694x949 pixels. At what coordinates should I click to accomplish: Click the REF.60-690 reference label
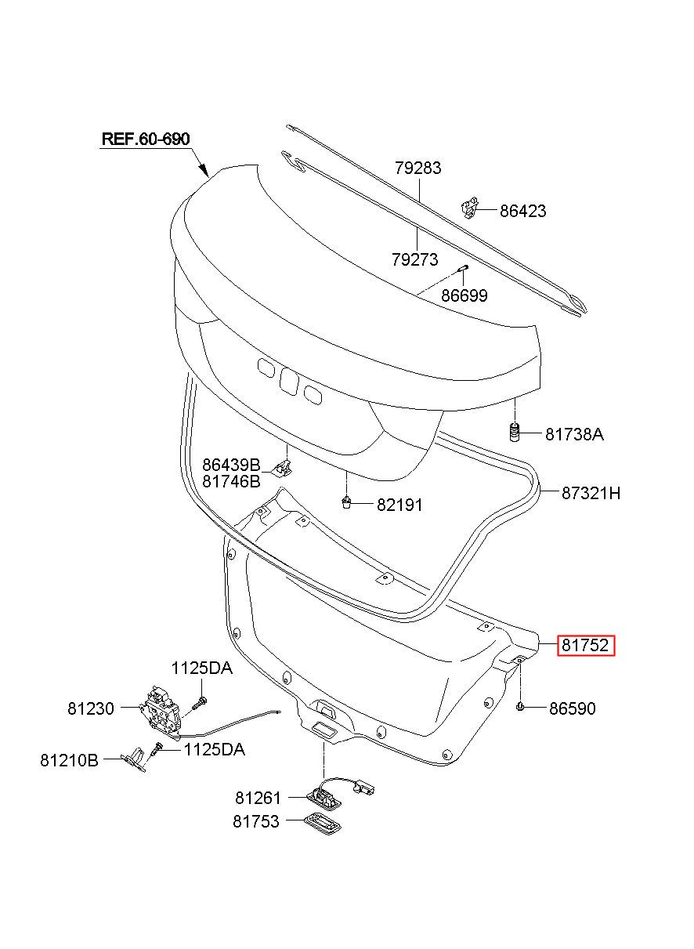(146, 139)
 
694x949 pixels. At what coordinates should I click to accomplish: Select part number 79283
(418, 168)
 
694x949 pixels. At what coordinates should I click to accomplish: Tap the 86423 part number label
(523, 211)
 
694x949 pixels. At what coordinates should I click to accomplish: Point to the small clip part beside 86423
(469, 208)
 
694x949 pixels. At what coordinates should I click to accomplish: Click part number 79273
(415, 259)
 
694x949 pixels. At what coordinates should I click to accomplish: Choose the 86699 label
(464, 295)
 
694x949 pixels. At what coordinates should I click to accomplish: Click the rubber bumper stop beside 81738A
(515, 432)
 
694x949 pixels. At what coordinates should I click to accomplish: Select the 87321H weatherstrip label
(591, 493)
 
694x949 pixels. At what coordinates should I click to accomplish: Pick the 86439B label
(231, 465)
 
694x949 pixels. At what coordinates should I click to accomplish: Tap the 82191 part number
(399, 505)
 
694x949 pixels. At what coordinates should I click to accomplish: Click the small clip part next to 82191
(346, 502)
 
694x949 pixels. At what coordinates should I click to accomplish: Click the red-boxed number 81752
(585, 645)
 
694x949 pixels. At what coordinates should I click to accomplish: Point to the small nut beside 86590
(520, 706)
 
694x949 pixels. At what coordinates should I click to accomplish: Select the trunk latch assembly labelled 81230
(160, 715)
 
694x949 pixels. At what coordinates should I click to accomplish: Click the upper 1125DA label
(202, 668)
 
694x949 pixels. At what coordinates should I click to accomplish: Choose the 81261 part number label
(258, 798)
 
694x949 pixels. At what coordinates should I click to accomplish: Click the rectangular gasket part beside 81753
(323, 823)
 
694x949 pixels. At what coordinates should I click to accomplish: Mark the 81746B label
(231, 481)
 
